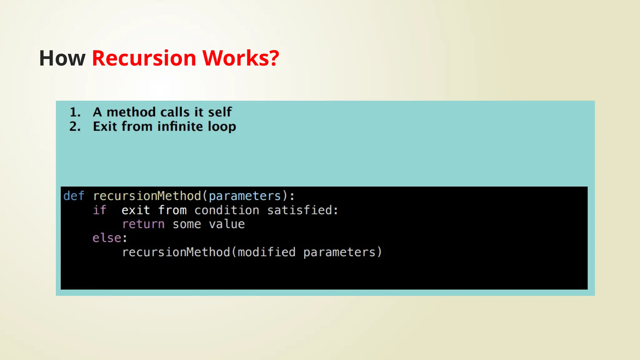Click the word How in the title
(62, 58)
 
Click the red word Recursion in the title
(144, 58)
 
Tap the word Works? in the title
(241, 58)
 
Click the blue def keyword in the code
(74, 196)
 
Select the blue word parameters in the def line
(245, 196)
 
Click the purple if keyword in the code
(100, 210)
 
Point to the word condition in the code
(227, 210)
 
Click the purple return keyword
(143, 224)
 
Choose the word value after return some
(227, 224)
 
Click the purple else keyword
(107, 238)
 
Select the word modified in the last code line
(267, 252)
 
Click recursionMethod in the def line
(147, 196)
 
